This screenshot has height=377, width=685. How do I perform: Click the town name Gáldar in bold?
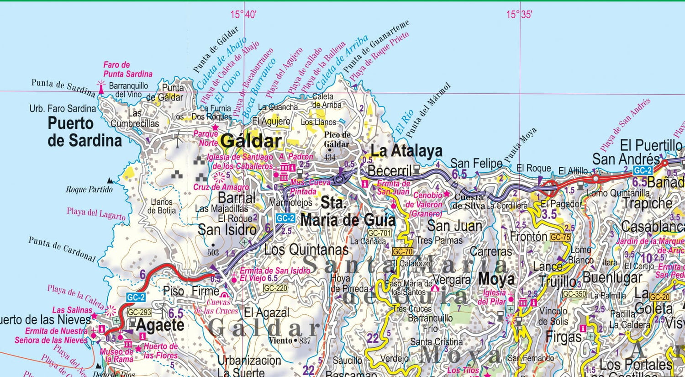click(250, 141)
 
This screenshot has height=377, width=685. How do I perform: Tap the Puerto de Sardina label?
click(84, 132)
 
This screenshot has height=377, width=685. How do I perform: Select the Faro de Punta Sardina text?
click(127, 69)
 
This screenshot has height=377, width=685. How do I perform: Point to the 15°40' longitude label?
click(243, 15)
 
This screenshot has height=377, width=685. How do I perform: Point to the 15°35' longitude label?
click(519, 15)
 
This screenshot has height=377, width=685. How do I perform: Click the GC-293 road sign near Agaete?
click(139, 313)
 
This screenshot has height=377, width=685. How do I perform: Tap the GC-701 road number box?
click(379, 233)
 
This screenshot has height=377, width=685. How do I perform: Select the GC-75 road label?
click(560, 237)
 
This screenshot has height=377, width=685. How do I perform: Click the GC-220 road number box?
click(276, 288)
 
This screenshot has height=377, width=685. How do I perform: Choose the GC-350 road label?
click(574, 294)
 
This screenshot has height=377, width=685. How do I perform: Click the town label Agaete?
click(160, 325)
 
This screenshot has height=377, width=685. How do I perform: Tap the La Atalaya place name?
click(406, 151)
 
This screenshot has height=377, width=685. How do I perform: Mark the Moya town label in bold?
click(496, 279)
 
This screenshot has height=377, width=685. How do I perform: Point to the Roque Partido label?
click(89, 189)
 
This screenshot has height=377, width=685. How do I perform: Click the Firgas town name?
click(564, 337)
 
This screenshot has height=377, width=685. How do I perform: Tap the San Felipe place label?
click(476, 163)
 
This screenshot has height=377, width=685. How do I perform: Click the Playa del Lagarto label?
click(96, 213)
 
